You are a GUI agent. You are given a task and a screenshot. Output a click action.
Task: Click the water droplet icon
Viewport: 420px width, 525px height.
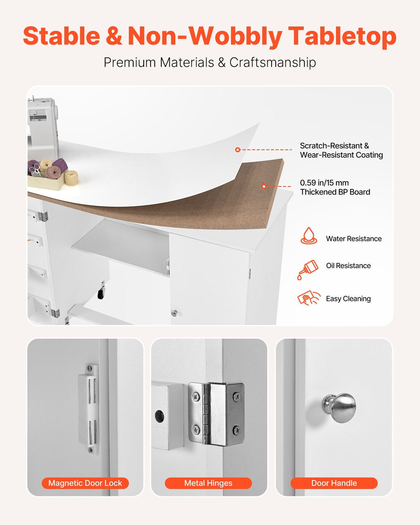(x=309, y=236)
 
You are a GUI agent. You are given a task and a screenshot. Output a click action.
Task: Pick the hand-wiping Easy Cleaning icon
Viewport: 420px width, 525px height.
(x=309, y=298)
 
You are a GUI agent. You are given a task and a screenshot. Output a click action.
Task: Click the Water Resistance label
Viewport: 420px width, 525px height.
(x=353, y=239)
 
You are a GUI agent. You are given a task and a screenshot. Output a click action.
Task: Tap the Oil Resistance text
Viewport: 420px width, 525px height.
(x=348, y=266)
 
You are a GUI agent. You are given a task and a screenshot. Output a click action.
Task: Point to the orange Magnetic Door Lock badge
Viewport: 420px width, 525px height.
(x=85, y=483)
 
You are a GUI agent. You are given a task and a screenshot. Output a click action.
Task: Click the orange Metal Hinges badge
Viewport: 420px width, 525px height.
(x=208, y=483)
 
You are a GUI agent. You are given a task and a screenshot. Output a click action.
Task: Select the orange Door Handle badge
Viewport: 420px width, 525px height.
(x=334, y=483)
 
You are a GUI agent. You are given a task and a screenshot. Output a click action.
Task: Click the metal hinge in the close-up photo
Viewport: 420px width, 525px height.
(x=217, y=414)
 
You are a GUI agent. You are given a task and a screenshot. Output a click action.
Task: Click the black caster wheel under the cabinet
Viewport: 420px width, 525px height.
(x=101, y=294)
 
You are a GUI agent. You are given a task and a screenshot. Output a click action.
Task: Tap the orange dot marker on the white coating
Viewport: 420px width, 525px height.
(x=238, y=150)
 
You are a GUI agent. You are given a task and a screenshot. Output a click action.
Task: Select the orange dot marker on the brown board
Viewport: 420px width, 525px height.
(x=264, y=186)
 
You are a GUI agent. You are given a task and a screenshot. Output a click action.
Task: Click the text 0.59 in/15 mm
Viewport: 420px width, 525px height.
(x=324, y=183)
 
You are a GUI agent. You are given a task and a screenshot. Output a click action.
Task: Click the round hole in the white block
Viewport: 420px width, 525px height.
(x=159, y=416)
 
